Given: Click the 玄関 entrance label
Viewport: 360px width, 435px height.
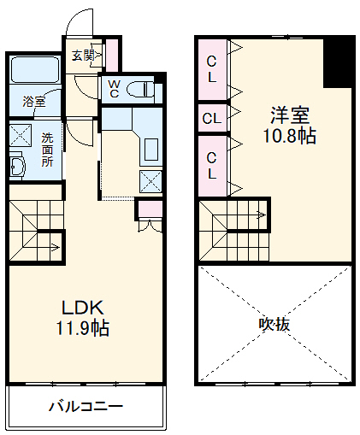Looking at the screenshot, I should point(83,56).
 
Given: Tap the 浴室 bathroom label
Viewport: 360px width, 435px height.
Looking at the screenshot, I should point(34,102).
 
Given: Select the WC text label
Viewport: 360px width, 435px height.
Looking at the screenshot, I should point(112,88).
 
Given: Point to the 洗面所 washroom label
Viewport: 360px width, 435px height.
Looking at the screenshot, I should point(47,149).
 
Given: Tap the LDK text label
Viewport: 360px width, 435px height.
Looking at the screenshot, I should point(81,309).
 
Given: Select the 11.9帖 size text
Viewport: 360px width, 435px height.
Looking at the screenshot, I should point(83,328).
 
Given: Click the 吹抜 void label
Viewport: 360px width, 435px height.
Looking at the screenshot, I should point(274,324).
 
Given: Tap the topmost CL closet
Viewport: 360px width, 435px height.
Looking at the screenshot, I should point(212,68).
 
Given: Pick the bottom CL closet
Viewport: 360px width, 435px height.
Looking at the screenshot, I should point(212,163).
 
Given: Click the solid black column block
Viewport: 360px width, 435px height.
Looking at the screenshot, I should point(338,64).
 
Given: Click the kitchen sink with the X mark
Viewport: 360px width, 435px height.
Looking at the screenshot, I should point(150,179).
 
